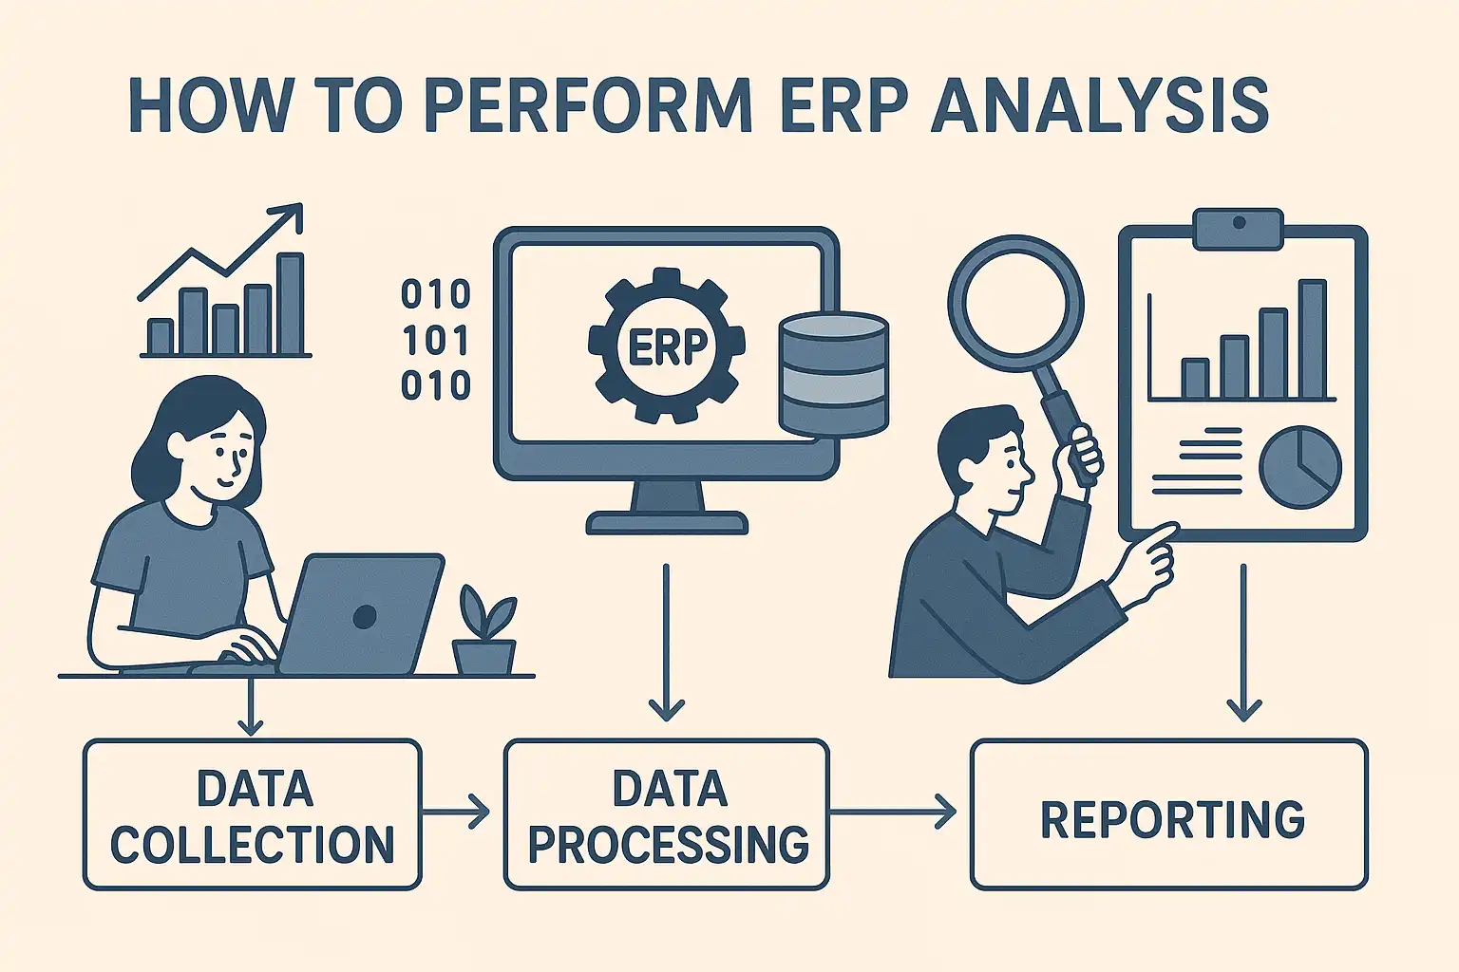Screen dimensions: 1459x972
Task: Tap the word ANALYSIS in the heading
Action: [x=1100, y=106]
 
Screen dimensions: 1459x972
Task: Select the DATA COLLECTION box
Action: [x=252, y=814]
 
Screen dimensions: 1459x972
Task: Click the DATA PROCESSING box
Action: [x=666, y=814]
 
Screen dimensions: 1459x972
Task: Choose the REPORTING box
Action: [x=1168, y=814]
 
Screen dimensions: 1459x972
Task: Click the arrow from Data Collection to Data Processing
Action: [x=455, y=812]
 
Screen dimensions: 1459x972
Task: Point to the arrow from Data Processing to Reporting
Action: [x=893, y=812]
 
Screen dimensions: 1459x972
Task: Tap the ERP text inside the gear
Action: [x=667, y=347]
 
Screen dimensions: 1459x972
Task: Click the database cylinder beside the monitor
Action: [x=834, y=374]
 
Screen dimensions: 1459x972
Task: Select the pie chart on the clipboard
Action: [x=1300, y=467]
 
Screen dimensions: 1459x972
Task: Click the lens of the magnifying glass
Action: [x=1015, y=304]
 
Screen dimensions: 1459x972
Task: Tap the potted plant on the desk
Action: [x=484, y=630]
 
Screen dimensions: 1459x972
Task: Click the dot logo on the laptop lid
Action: [x=364, y=616]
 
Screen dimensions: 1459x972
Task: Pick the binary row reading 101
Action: [x=435, y=340]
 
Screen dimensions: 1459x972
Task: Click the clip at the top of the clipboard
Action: [x=1239, y=229]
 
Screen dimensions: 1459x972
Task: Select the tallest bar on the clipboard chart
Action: [x=1313, y=339]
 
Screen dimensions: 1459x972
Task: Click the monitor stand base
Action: [x=667, y=523]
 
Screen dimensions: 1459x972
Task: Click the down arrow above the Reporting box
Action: [x=1243, y=643]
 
